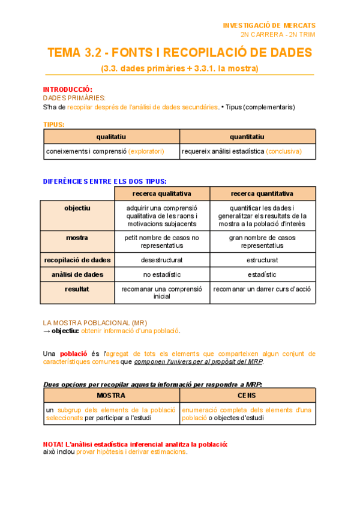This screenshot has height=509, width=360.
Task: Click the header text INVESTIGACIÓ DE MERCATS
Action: click(x=269, y=25)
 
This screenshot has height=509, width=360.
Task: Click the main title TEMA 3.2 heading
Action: click(x=179, y=53)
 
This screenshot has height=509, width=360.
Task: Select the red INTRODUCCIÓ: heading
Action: click(x=68, y=89)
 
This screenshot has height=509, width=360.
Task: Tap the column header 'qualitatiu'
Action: click(x=111, y=137)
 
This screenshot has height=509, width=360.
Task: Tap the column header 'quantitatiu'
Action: click(x=247, y=137)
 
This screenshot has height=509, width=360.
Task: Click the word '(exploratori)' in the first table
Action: click(x=146, y=151)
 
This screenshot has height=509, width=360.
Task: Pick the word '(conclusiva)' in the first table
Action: click(x=284, y=151)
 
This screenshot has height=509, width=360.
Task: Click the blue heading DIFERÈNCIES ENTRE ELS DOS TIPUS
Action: click(x=105, y=181)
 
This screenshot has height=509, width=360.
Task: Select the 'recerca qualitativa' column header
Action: click(x=162, y=194)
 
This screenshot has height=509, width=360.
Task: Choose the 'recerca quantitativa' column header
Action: click(x=262, y=194)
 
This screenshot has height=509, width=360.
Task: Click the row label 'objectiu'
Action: click(x=77, y=208)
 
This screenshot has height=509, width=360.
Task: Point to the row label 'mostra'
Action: click(x=77, y=238)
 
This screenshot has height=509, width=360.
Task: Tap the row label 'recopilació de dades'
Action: click(x=77, y=260)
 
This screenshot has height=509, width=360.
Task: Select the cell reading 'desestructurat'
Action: click(x=161, y=261)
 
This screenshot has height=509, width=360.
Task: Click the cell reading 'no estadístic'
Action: click(x=161, y=274)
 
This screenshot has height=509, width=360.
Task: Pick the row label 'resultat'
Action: click(x=77, y=289)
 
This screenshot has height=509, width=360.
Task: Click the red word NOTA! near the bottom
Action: click(x=53, y=444)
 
